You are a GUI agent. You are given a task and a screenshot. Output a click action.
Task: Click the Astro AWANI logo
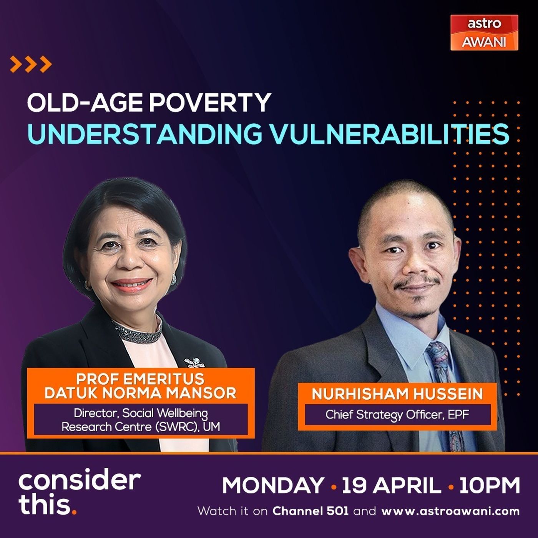click(484, 32)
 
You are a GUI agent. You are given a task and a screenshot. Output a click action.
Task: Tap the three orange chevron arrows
click(31, 64)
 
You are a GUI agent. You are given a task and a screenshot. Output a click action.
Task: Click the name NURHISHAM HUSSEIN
click(397, 394)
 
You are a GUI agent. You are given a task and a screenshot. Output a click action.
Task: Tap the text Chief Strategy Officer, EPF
click(397, 415)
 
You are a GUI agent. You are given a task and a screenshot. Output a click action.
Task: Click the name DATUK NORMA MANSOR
click(140, 393)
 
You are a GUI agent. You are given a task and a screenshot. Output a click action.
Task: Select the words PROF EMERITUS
click(140, 379)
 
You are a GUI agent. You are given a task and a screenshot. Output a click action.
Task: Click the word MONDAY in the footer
click(273, 485)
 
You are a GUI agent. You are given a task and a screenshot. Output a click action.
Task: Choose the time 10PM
click(490, 485)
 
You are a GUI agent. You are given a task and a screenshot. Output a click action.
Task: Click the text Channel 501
click(311, 511)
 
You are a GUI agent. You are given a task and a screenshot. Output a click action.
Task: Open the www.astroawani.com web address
click(451, 511)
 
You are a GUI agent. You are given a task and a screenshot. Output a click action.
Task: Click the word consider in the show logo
click(80, 481)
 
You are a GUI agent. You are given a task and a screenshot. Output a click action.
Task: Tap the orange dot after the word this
click(74, 512)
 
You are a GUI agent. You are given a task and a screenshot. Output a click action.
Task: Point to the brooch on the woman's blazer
click(194, 363)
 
